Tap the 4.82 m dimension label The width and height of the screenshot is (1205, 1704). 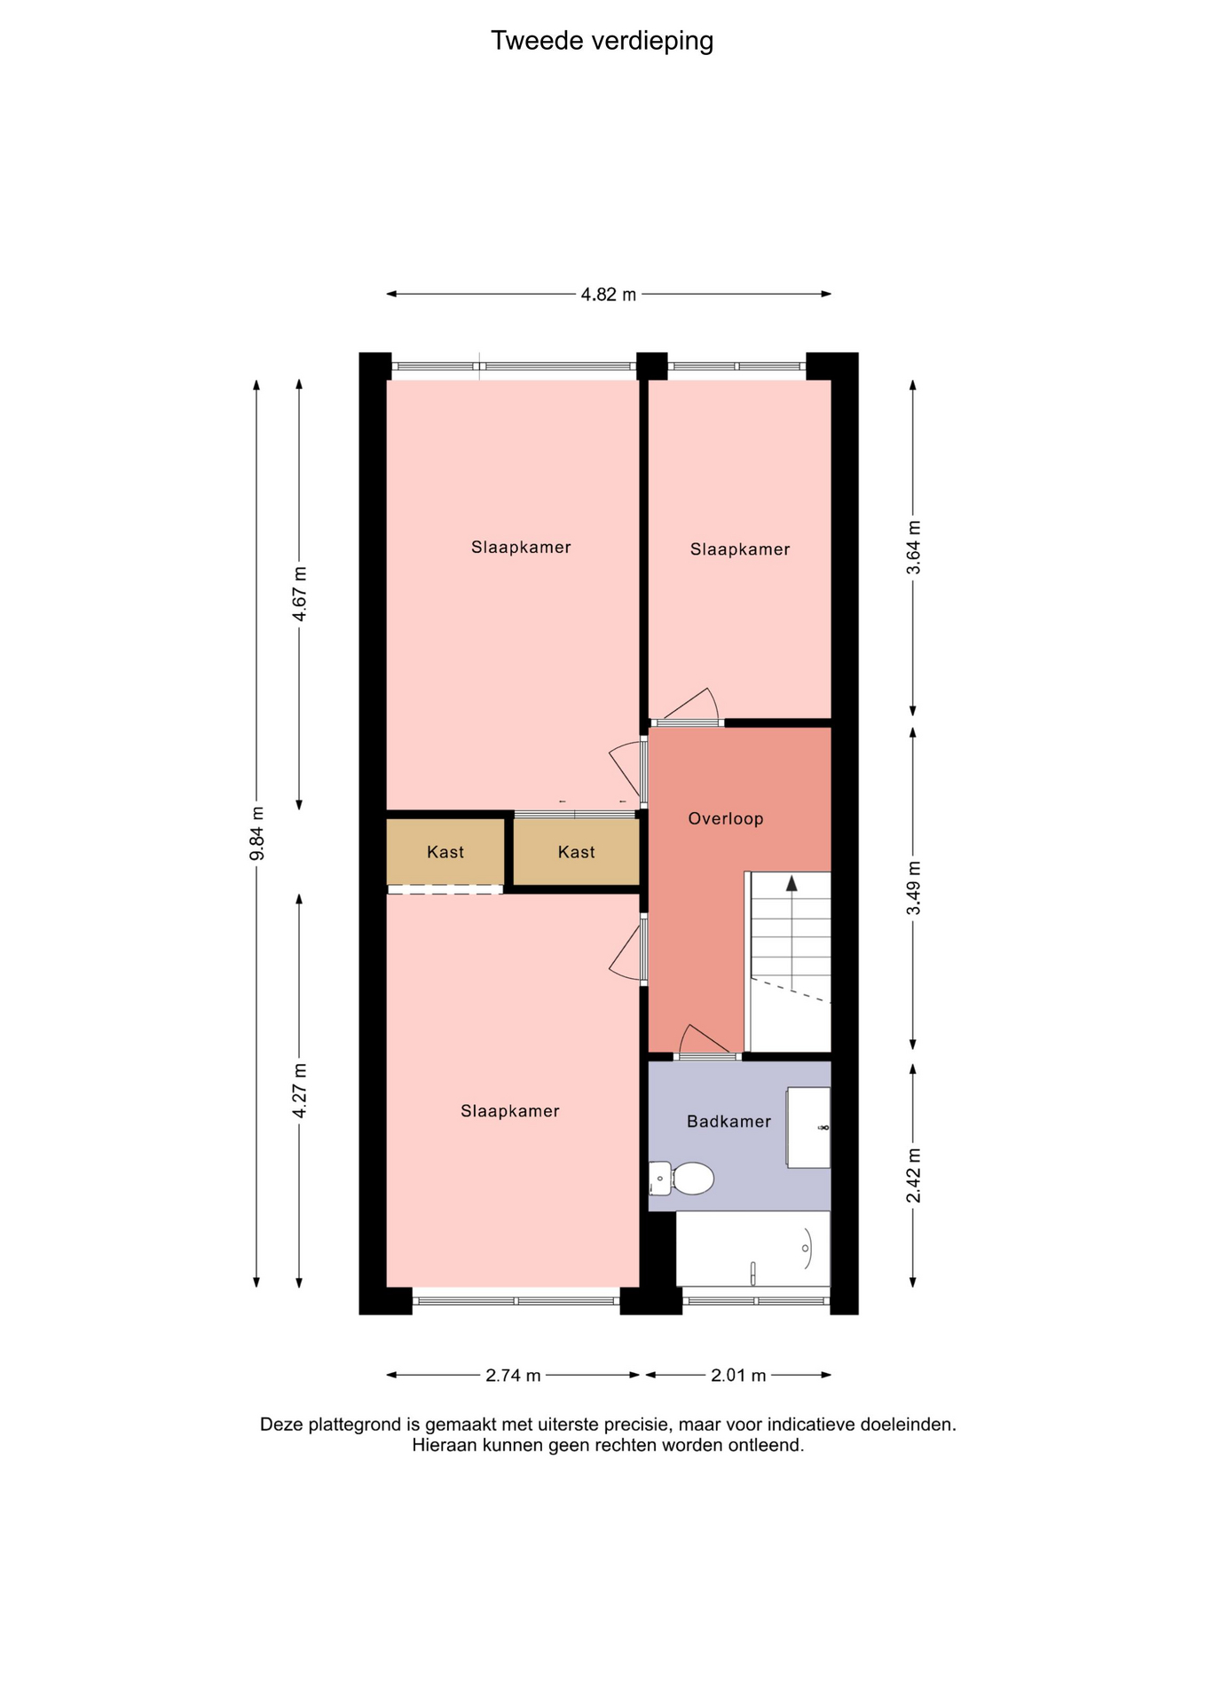[x=609, y=295]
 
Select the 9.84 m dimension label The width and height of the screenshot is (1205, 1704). [x=256, y=833]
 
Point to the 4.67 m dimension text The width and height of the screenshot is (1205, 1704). [x=299, y=594]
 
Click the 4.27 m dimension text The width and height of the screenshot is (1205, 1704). [x=299, y=1091]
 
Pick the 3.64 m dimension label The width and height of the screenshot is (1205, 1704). [x=913, y=548]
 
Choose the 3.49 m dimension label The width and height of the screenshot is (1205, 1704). [x=913, y=888]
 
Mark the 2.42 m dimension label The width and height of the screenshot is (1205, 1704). [x=913, y=1175]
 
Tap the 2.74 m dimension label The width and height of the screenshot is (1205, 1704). [x=513, y=1376]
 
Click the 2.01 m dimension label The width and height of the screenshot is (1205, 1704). [x=738, y=1376]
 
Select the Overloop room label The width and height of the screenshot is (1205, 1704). [x=726, y=819]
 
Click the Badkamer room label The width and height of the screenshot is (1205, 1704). [x=729, y=1122]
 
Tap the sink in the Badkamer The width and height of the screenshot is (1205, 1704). [x=808, y=1127]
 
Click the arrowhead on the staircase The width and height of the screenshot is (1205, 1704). [x=792, y=883]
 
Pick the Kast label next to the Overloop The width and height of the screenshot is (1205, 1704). [x=577, y=853]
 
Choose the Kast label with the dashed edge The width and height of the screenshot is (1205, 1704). [x=445, y=853]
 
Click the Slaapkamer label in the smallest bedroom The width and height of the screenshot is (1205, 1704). [x=740, y=550]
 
